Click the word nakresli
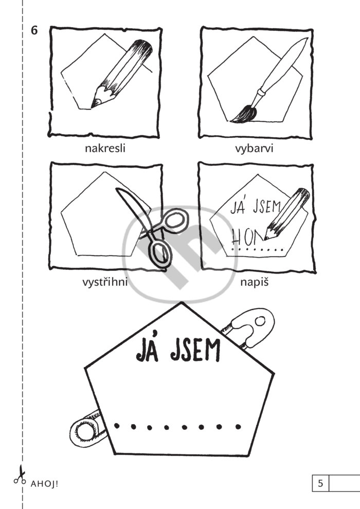105,149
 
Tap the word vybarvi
254,149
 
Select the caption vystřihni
105,282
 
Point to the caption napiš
255,282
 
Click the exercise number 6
34,30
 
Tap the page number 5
320,483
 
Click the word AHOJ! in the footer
44,484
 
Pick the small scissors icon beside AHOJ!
20,476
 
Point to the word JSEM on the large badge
195,351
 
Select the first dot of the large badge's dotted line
117,425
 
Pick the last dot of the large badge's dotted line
238,427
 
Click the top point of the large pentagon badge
182,302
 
